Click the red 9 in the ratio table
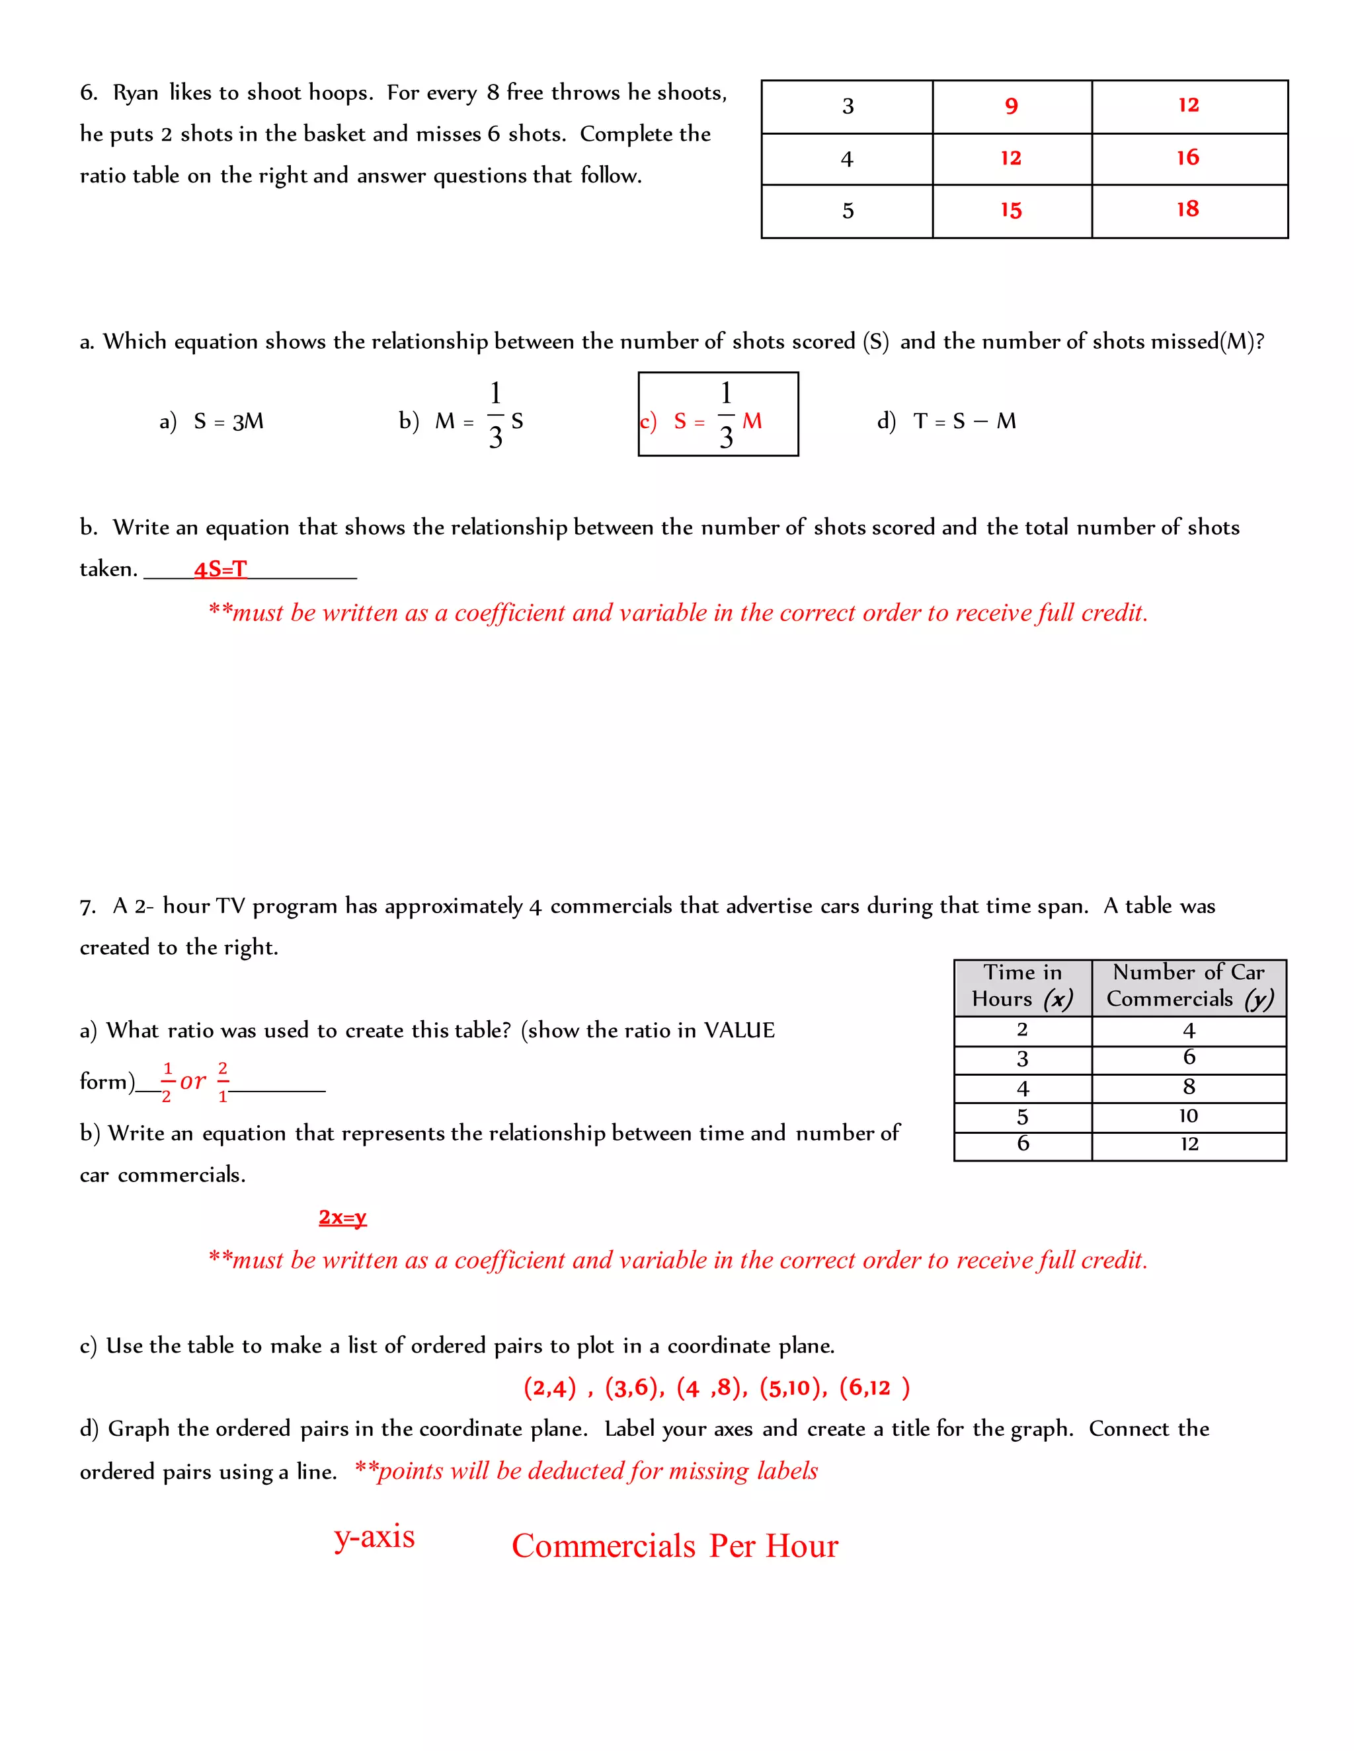tap(1011, 106)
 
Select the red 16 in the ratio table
tap(1187, 157)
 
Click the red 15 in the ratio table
tap(1011, 210)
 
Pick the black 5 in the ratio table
tap(847, 211)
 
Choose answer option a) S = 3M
tap(212, 421)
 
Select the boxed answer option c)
tap(717, 414)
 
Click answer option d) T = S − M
tap(947, 421)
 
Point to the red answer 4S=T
tap(219, 569)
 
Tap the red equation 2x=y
tap(342, 1217)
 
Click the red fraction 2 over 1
tap(223, 1082)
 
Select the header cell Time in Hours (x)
tap(1022, 986)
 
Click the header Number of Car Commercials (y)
tap(1188, 986)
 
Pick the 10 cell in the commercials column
tap(1188, 1115)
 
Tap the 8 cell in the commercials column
tap(1188, 1086)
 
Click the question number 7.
tap(87, 907)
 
